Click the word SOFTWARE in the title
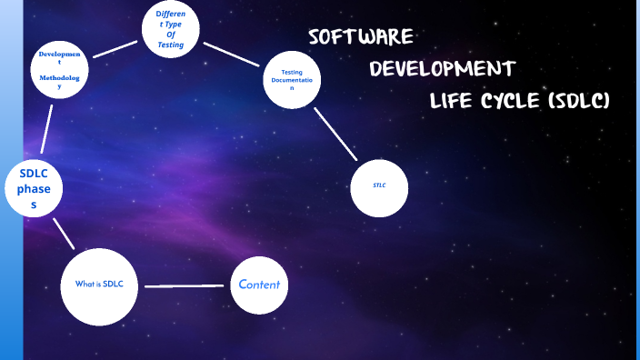point(361,37)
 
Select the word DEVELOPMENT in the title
point(443,69)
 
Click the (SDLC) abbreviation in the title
point(579,101)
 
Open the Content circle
point(259,285)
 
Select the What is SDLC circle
point(99,285)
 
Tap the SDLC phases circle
point(34,189)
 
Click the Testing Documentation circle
point(293,81)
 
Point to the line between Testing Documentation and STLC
point(335,135)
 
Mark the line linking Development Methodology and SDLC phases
point(45,130)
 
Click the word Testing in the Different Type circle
point(170,44)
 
